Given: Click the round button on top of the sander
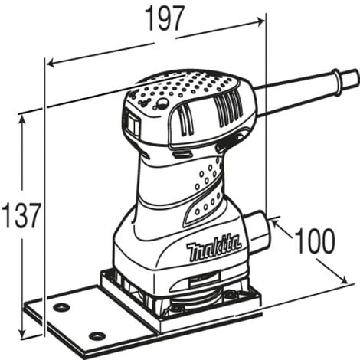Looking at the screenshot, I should pyautogui.click(x=162, y=103).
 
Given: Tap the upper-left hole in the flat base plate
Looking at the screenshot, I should pyautogui.click(x=61, y=308).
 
